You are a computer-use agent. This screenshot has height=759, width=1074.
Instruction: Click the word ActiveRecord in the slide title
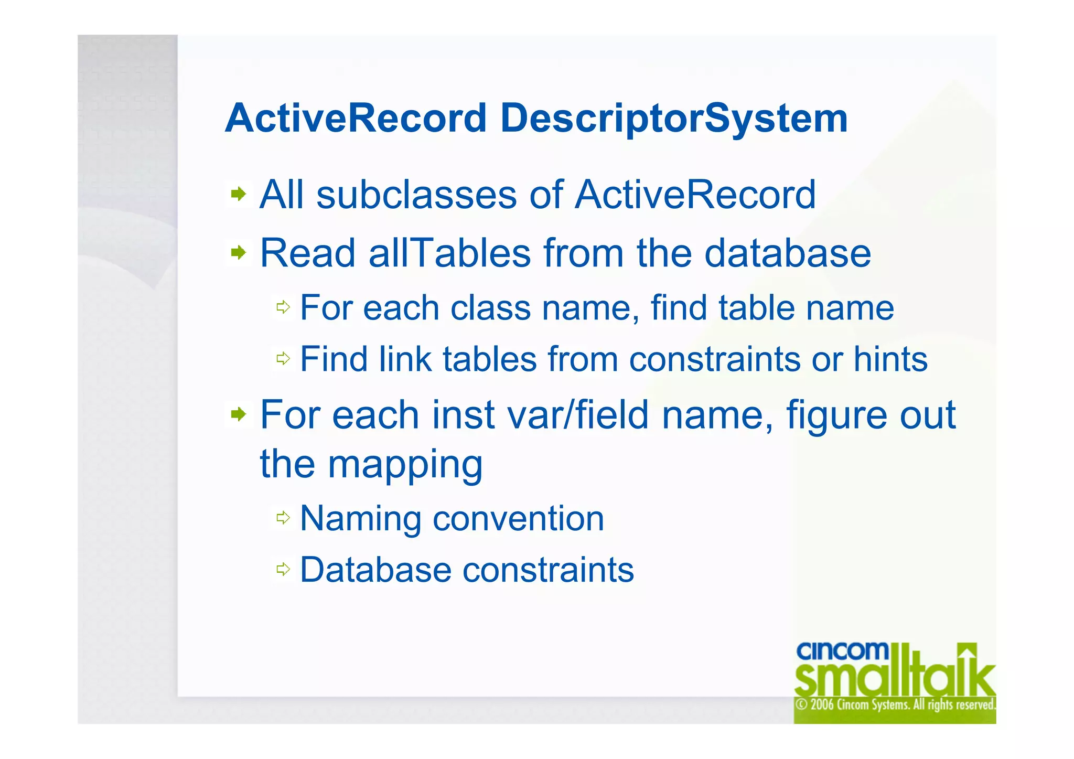[x=356, y=119]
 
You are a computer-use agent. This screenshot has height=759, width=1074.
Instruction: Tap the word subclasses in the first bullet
[x=417, y=195]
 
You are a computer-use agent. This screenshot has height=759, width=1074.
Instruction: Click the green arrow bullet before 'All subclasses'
[x=239, y=195]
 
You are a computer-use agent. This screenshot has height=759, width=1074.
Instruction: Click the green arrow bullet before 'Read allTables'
[x=239, y=253]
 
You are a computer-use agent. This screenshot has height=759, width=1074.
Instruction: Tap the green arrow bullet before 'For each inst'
[x=239, y=415]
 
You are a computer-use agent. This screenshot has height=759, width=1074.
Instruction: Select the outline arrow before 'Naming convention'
[x=283, y=518]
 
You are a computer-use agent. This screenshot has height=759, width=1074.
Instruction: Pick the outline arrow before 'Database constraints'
[x=283, y=569]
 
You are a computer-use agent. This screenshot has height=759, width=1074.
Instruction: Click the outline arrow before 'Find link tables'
[x=283, y=359]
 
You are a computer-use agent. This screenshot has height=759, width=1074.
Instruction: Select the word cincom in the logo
[x=842, y=651]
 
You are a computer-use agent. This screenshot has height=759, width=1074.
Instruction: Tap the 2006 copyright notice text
[x=895, y=704]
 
